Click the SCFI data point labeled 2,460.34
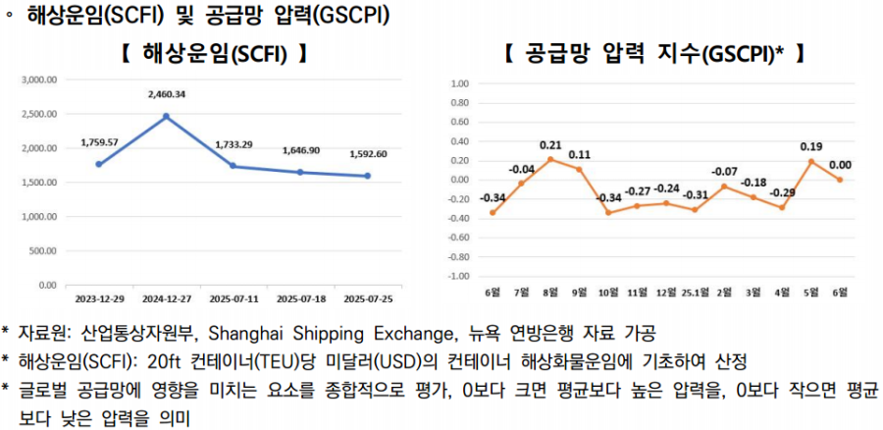coord(166,116)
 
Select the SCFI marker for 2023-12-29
coord(99,164)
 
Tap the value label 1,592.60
coord(368,154)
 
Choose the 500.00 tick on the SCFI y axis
coord(44,250)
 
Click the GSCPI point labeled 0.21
coord(550,159)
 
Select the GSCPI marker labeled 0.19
coord(810,161)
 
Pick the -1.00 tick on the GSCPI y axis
coord(458,276)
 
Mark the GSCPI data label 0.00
coord(840,165)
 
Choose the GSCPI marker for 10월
coord(608,212)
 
